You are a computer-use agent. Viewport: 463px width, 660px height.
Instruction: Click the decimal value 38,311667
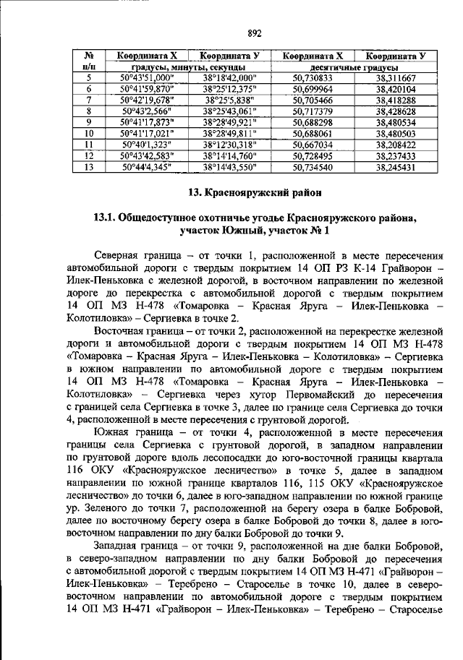click(x=396, y=77)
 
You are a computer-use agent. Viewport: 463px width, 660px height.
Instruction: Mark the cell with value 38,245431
click(x=396, y=167)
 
